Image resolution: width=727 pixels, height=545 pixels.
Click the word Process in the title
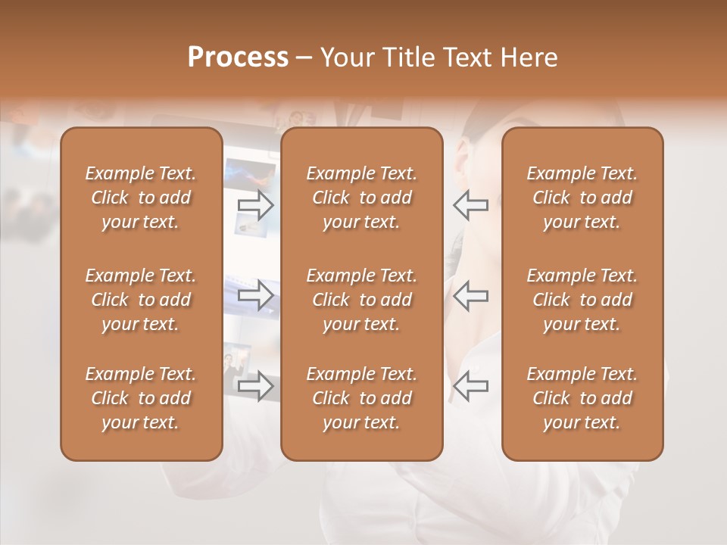tap(238, 58)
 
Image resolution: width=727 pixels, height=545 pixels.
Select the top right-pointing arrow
tap(255, 204)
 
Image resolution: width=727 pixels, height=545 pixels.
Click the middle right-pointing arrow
tap(255, 295)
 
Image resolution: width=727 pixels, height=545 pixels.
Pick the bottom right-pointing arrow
tap(255, 385)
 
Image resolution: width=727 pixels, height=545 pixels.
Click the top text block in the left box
tap(141, 198)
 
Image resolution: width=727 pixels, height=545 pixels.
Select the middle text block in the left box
tap(141, 300)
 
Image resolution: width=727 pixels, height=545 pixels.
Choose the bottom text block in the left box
tap(141, 398)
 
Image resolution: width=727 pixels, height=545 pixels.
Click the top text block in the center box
tap(362, 198)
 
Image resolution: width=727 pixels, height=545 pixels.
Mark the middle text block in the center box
tap(362, 300)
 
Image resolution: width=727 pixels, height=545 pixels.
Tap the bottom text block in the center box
tap(362, 398)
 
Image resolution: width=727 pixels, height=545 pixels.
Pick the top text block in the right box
tap(582, 198)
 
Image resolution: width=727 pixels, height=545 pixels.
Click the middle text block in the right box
tap(582, 300)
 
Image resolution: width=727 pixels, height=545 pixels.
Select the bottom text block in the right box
tap(582, 398)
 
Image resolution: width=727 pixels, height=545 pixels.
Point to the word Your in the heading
tap(344, 58)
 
